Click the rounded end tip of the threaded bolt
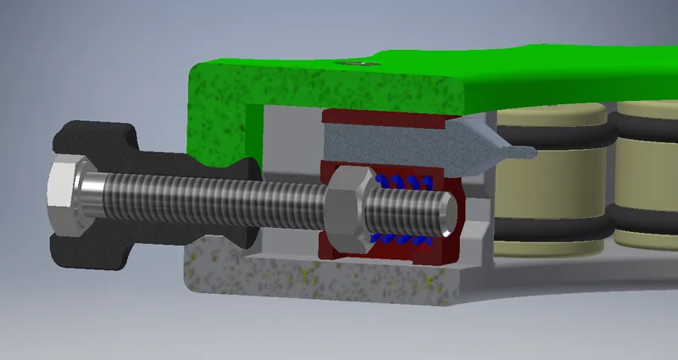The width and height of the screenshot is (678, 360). click(447, 213)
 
